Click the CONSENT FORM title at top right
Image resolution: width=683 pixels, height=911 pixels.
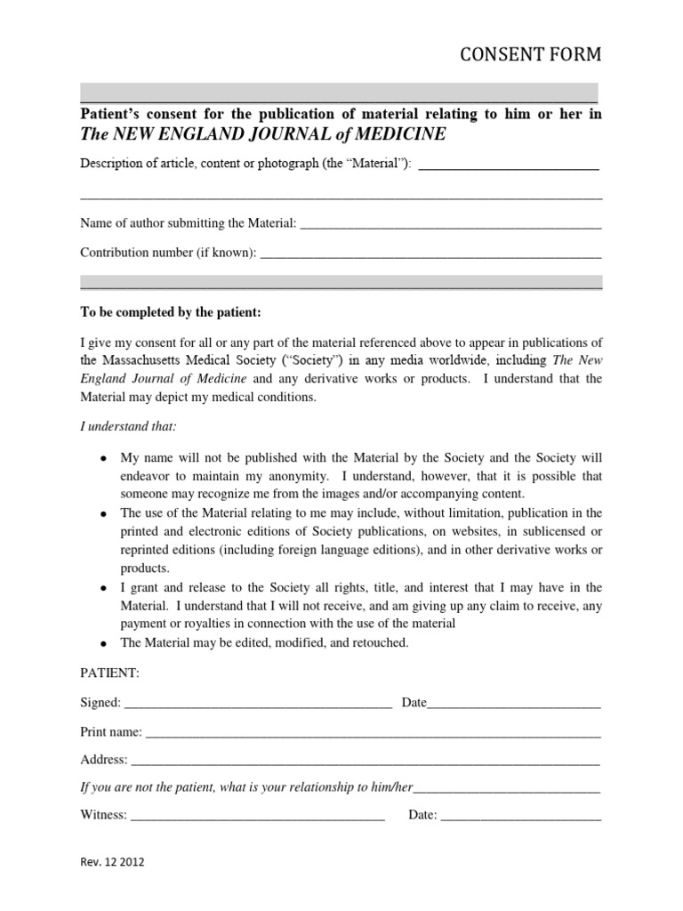click(x=529, y=55)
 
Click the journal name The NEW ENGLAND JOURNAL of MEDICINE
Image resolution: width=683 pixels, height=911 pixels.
click(x=263, y=134)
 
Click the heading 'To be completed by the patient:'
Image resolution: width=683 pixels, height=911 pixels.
click(x=172, y=312)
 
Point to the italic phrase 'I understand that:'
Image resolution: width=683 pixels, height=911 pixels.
click(x=128, y=427)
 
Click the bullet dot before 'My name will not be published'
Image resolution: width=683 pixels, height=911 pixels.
click(x=104, y=459)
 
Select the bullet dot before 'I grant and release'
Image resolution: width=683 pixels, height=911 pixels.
click(x=104, y=589)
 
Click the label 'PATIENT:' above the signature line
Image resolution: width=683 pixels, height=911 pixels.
click(x=110, y=673)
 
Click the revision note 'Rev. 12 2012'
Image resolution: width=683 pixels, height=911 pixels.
click(x=112, y=863)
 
